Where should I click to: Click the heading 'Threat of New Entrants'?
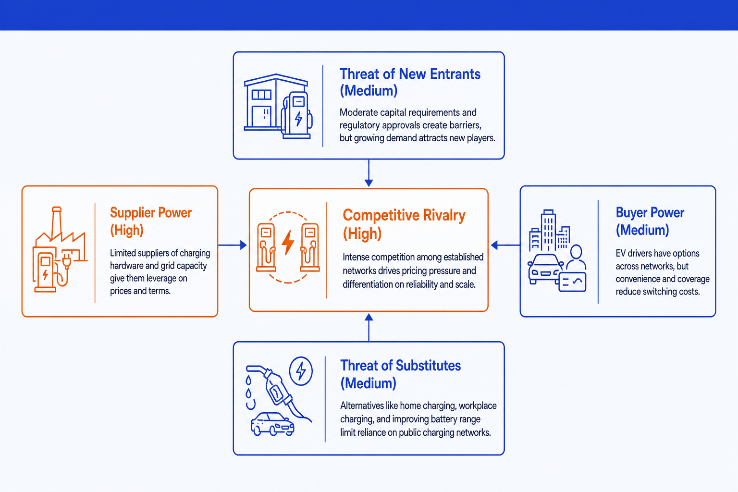(x=410, y=74)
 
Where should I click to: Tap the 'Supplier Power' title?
(x=150, y=213)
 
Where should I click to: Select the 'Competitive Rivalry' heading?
(x=404, y=215)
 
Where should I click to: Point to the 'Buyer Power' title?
(x=650, y=213)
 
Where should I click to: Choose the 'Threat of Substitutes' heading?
(x=400, y=366)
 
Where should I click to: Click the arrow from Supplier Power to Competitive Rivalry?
(x=233, y=245)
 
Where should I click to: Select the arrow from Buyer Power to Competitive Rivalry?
(x=505, y=245)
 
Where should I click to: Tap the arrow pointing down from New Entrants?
(x=369, y=173)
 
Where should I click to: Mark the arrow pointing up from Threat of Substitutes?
(x=369, y=327)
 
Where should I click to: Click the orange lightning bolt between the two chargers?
(x=288, y=243)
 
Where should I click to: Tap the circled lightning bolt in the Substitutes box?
(x=301, y=371)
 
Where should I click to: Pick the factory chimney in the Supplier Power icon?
(x=56, y=221)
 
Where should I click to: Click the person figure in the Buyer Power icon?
(x=576, y=257)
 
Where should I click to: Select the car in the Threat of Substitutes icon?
(x=272, y=424)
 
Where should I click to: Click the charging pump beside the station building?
(x=297, y=115)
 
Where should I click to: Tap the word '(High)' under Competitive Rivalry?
(x=362, y=234)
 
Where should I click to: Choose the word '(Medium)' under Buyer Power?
(x=642, y=230)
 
